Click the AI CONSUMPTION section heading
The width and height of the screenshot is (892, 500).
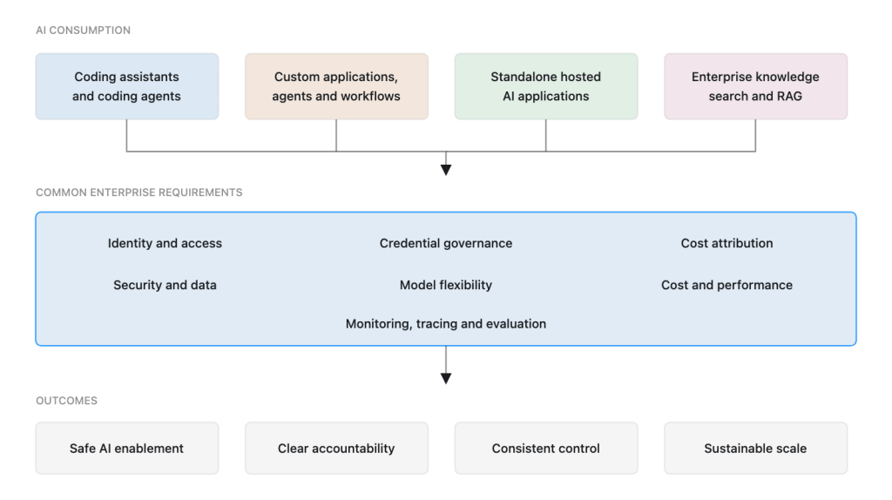(x=83, y=30)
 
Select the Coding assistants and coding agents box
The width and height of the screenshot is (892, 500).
(x=127, y=86)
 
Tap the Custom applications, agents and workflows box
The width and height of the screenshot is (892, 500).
(x=336, y=86)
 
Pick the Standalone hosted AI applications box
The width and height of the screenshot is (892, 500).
(x=546, y=86)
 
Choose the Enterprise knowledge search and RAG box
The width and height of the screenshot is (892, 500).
(x=755, y=86)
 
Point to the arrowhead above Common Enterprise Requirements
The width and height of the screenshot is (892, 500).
(x=446, y=170)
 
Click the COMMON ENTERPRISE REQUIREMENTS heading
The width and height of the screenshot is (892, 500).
(x=139, y=193)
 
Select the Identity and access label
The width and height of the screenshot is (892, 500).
(x=165, y=243)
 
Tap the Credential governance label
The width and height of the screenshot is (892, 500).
(x=446, y=243)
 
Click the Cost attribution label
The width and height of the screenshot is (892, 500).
(x=727, y=243)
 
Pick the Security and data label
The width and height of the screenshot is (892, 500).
(x=165, y=285)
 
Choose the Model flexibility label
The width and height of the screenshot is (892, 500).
(x=446, y=285)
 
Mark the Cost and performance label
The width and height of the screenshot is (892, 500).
(x=727, y=285)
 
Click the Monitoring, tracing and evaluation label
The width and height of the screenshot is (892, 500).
(x=446, y=324)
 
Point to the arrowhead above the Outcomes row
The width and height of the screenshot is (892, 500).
(x=446, y=378)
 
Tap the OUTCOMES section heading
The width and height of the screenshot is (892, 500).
(x=66, y=401)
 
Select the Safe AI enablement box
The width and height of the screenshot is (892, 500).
(x=127, y=449)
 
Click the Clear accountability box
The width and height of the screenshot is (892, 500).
(x=336, y=449)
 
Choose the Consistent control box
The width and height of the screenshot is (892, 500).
(x=546, y=449)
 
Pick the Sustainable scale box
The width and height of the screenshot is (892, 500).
(x=755, y=449)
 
